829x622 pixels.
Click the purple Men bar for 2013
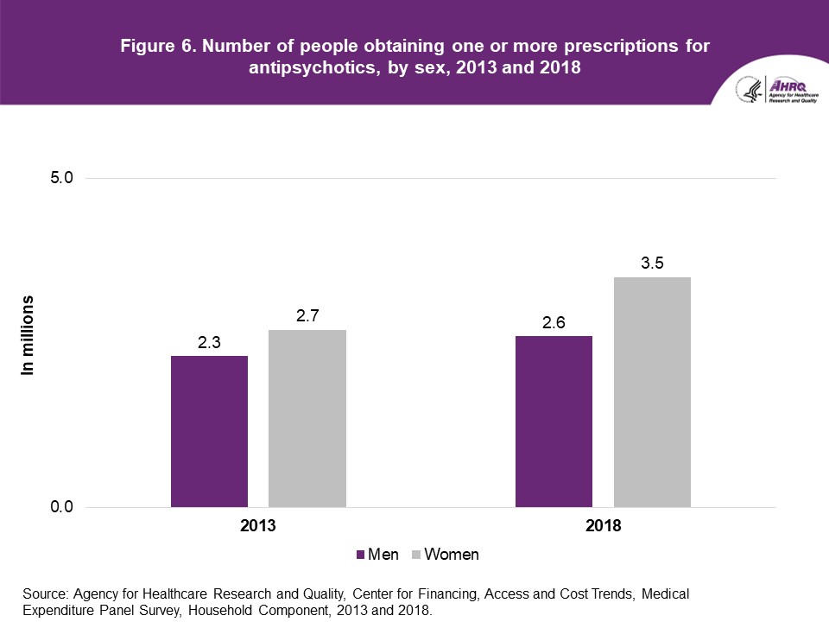(x=209, y=431)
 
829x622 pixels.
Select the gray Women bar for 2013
(x=307, y=418)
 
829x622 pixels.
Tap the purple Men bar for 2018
(x=554, y=421)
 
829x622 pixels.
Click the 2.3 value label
(x=210, y=343)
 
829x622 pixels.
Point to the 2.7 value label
(x=308, y=317)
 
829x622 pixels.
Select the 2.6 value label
(x=554, y=323)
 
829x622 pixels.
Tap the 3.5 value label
(x=652, y=264)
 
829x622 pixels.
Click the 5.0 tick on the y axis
(x=61, y=178)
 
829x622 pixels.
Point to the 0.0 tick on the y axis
(x=61, y=507)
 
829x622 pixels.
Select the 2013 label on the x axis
(x=258, y=525)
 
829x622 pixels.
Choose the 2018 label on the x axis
(x=603, y=525)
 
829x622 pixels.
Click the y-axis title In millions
(x=28, y=335)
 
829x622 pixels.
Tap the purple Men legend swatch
(x=361, y=555)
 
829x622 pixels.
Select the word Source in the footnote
(x=44, y=594)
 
